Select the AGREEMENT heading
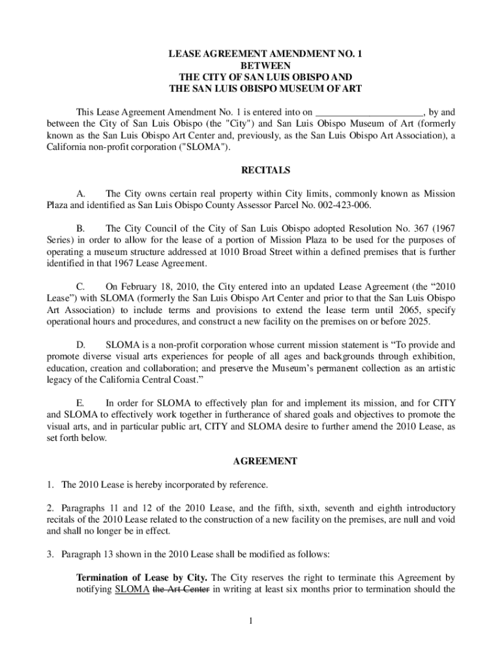pyautogui.click(x=265, y=461)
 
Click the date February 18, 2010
pyautogui.click(x=157, y=286)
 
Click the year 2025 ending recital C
pyautogui.click(x=418, y=322)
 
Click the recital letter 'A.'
pyautogui.click(x=81, y=194)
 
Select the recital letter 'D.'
pyautogui.click(x=81, y=344)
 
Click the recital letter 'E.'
pyautogui.click(x=81, y=402)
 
